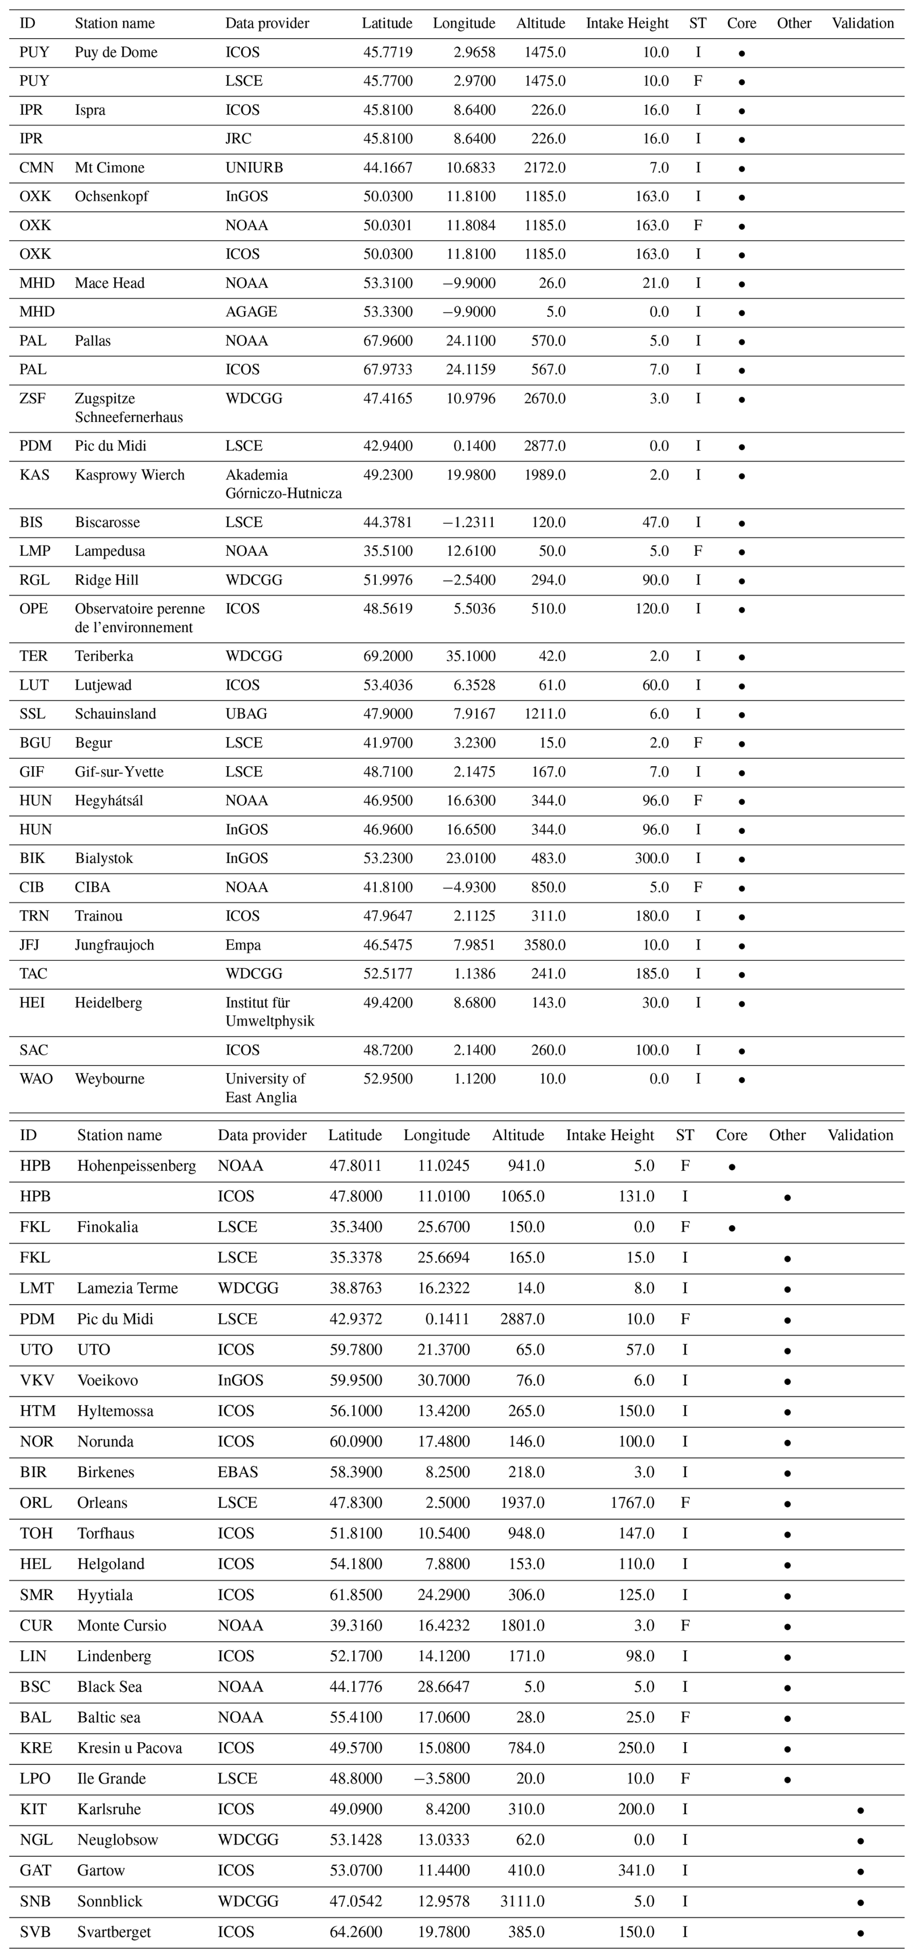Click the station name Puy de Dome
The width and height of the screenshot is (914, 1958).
(115, 53)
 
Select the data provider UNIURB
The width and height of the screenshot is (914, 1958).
(254, 168)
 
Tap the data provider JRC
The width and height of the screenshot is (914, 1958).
(238, 139)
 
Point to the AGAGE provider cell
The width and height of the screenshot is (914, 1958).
(251, 312)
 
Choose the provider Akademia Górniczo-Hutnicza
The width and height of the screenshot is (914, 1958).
(283, 484)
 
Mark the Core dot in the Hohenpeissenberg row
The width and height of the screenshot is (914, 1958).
(731, 1167)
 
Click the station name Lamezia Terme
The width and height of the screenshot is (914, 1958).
(127, 1288)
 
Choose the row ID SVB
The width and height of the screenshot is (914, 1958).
(35, 1931)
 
